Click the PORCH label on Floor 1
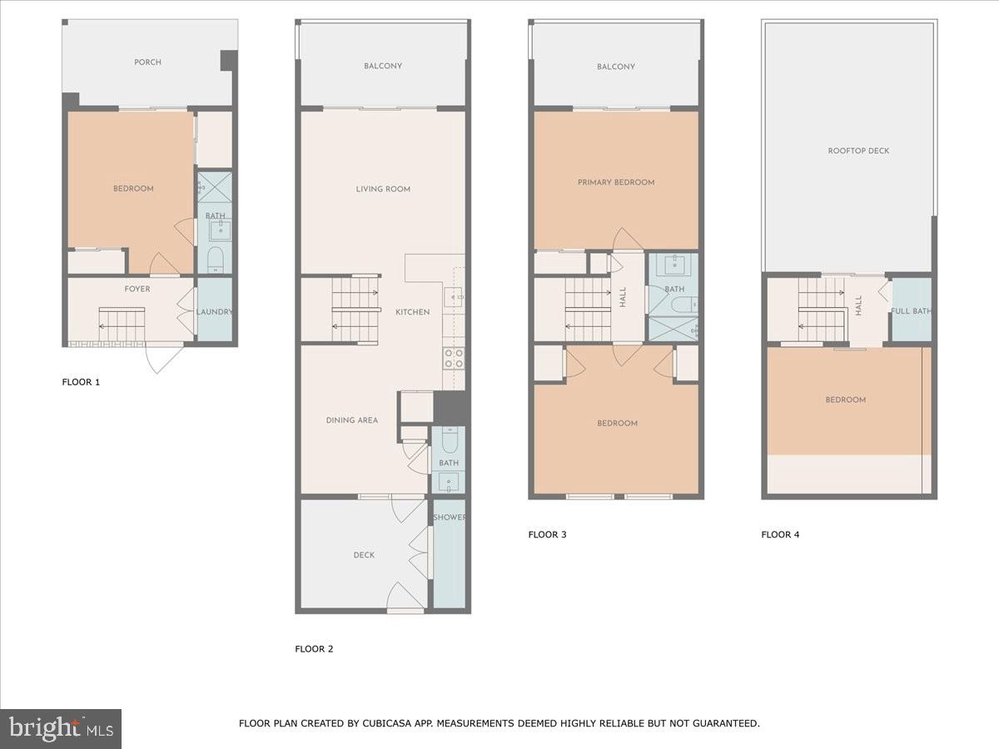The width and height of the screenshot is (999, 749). coord(147,62)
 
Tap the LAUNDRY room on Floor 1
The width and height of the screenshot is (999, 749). coord(214,312)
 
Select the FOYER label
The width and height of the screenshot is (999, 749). coord(137,289)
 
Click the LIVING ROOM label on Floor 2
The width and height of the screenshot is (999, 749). coord(383,189)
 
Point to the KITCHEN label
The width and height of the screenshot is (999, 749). coord(412,312)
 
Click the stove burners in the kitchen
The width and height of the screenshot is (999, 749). coord(454,358)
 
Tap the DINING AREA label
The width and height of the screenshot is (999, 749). coord(351,420)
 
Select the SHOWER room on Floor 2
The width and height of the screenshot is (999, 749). coord(450,553)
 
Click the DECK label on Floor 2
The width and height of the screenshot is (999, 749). coord(364,555)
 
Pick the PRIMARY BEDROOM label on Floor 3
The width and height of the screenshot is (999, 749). coord(616,182)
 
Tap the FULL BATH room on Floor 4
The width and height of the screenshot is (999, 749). coord(911,311)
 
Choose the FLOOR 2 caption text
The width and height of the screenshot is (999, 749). coord(314,649)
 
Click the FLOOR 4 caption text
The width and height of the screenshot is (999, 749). coord(780,535)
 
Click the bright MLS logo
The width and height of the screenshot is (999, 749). coord(61,729)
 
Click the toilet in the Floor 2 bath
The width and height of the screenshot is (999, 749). coord(450,440)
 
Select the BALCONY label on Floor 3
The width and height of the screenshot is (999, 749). coord(616,67)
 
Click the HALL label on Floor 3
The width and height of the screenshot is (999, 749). coord(623,297)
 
